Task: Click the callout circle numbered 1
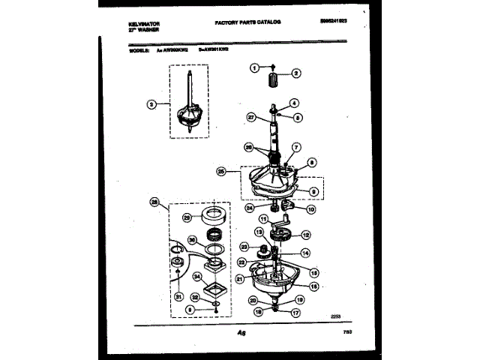253,67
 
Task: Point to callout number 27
252,117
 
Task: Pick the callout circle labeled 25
221,171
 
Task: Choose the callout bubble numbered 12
304,235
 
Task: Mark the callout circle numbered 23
243,247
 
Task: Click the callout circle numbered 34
197,277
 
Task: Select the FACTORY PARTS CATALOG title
247,24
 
